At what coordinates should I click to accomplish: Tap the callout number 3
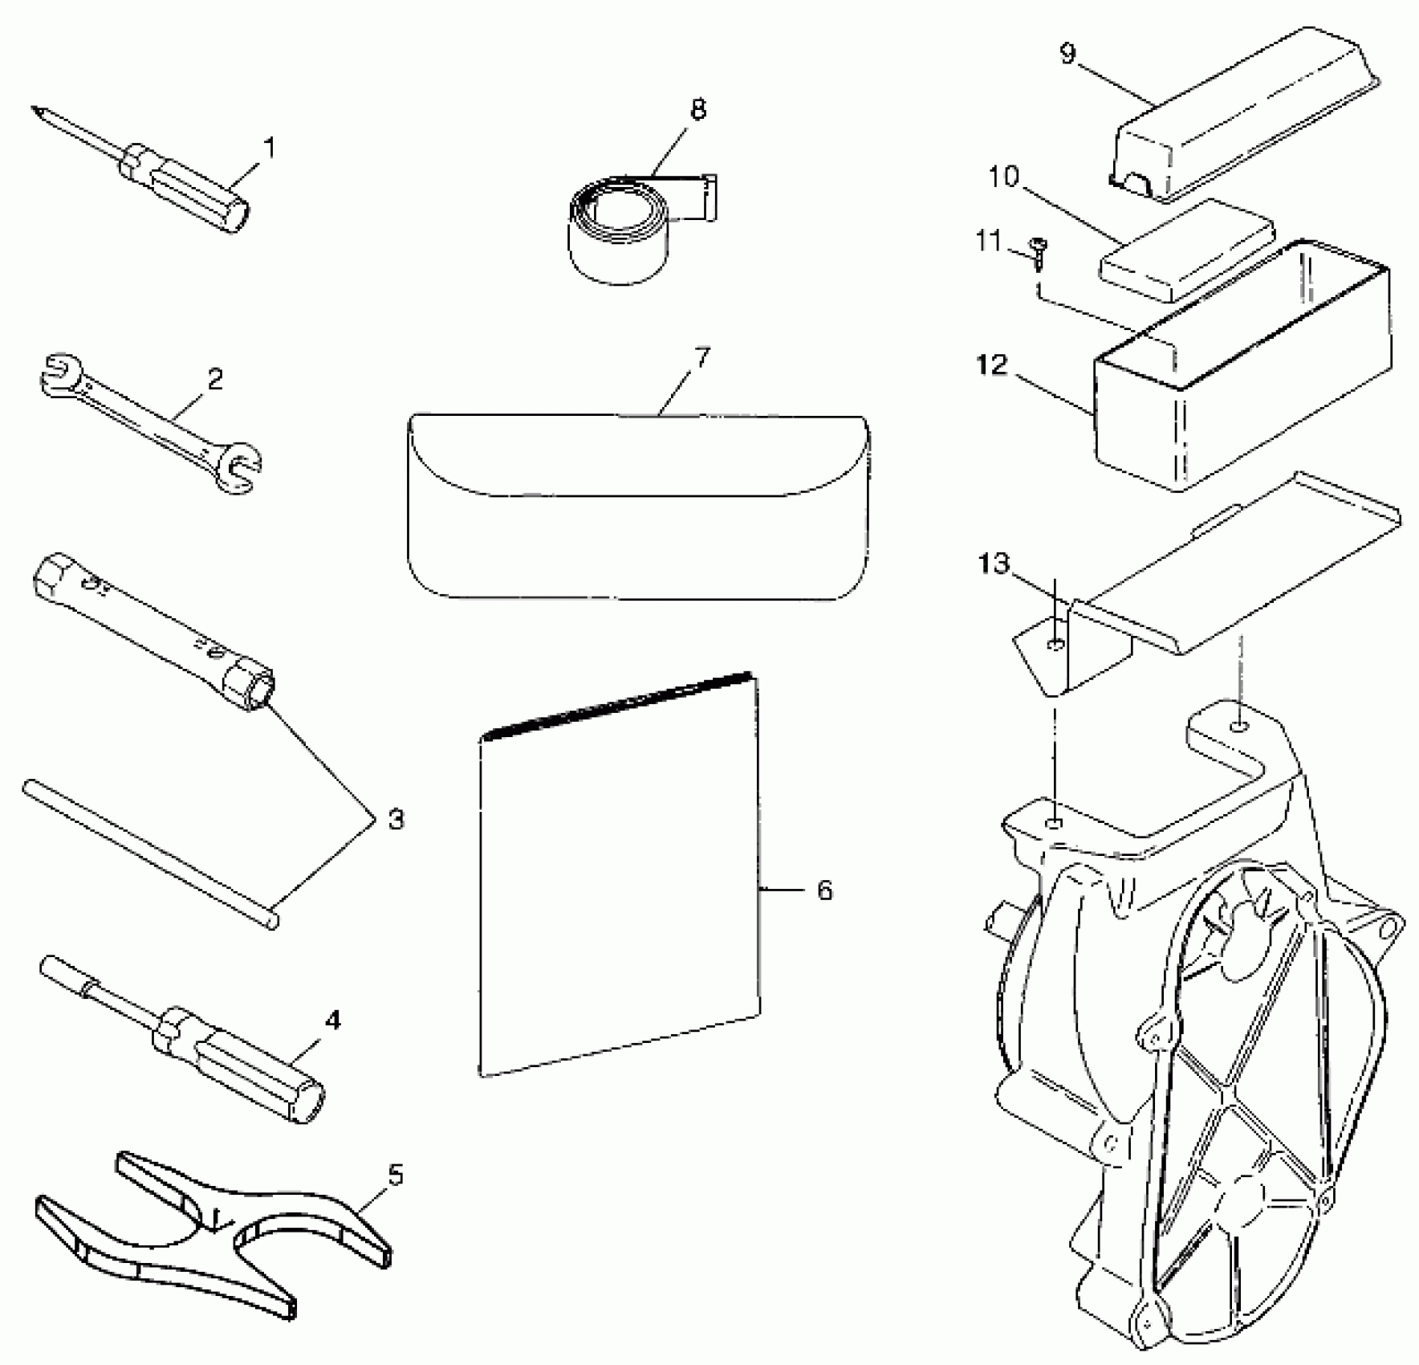[x=396, y=820]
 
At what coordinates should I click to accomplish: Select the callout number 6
[x=824, y=890]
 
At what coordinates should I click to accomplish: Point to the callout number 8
[x=698, y=109]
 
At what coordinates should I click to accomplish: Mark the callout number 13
[x=994, y=563]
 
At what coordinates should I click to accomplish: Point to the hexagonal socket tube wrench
[x=152, y=630]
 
